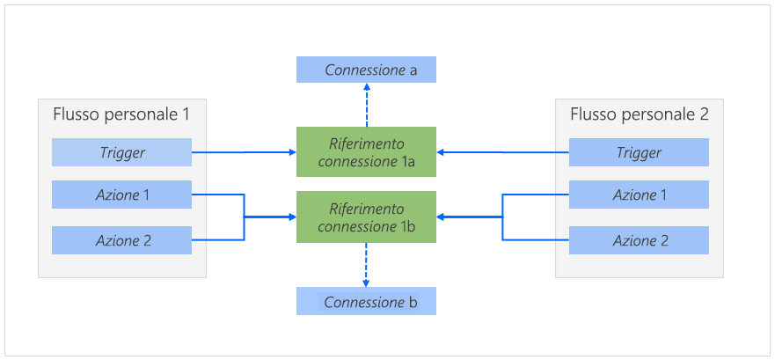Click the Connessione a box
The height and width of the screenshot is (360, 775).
coord(366,70)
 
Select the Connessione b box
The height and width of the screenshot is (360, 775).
coord(366,302)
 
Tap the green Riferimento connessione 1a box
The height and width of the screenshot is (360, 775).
coord(366,151)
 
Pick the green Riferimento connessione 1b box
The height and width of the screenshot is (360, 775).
coord(366,217)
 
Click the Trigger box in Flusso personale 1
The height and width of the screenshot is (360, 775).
coord(121,152)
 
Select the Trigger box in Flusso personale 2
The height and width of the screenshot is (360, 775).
coord(639,152)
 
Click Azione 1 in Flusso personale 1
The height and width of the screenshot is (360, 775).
coord(121,195)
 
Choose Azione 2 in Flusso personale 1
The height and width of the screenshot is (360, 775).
coord(121,239)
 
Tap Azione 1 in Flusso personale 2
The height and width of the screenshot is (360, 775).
coord(639,195)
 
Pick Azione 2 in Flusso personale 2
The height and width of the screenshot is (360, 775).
coord(639,239)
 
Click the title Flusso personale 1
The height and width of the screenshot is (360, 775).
coord(121,114)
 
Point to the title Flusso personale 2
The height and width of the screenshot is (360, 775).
coord(640,114)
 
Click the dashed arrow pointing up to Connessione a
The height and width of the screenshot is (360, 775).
coord(366,106)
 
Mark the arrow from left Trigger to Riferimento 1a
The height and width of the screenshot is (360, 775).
coord(244,152)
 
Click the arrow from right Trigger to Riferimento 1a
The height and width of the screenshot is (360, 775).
coord(502,152)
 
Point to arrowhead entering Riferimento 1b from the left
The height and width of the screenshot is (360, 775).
coord(291,217)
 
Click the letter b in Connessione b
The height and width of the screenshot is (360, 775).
coord(413,303)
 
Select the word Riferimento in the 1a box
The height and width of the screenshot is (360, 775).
coord(366,143)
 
